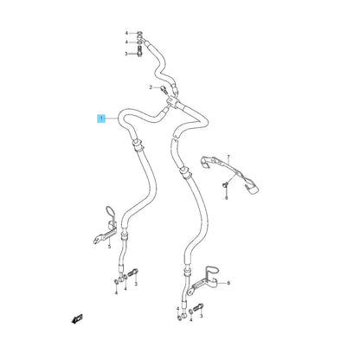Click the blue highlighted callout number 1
point(101,119)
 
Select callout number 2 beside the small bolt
point(151,87)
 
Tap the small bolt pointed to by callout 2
point(164,89)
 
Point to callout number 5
point(109,247)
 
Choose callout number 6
point(228,283)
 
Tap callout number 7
point(228,157)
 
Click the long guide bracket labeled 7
point(231,174)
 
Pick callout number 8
point(227,197)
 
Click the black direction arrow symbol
point(77,318)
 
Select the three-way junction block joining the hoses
point(173,102)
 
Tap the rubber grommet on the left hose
point(138,145)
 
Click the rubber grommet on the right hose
point(184,173)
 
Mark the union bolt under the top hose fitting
point(139,54)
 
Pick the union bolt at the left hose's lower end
point(134,272)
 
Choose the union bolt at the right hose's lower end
point(199,307)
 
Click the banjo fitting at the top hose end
point(140,37)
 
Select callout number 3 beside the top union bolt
point(126,54)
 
